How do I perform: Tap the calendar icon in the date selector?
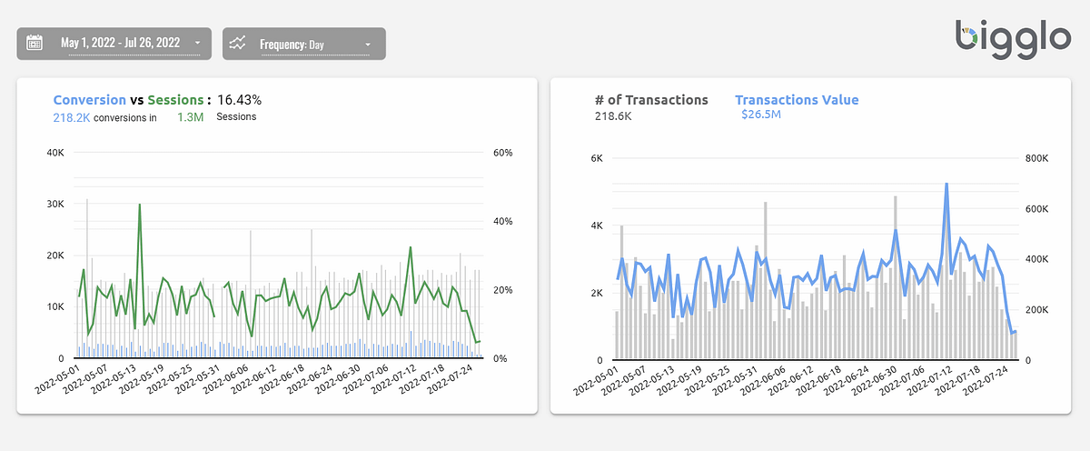[35, 43]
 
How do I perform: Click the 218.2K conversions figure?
[73, 117]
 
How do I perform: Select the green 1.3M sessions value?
[191, 117]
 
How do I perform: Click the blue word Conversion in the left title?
[89, 100]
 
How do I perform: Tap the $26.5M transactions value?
[760, 115]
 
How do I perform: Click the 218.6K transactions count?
[614, 115]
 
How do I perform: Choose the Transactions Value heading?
[796, 100]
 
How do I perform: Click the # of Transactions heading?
[650, 100]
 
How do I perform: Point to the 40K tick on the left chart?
[55, 153]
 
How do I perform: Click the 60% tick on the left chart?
[502, 153]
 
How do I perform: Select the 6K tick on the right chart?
[597, 158]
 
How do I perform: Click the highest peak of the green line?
[140, 205]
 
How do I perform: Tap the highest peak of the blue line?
[946, 184]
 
